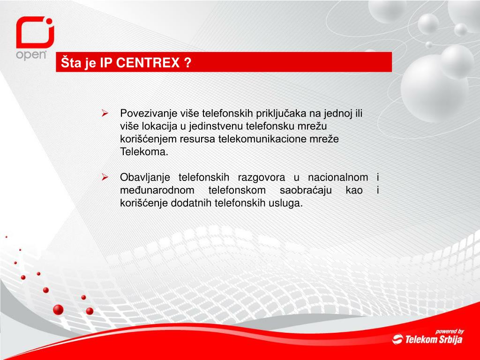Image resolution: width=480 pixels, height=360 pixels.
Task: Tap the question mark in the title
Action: [187, 63]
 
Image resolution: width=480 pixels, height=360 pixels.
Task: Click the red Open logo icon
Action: [35, 33]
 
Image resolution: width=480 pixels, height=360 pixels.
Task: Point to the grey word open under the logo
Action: [31, 54]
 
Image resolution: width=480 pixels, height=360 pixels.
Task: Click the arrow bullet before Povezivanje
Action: [105, 113]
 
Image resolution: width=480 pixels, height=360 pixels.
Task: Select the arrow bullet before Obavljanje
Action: [105, 178]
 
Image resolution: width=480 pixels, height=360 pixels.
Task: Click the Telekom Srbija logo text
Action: [433, 339]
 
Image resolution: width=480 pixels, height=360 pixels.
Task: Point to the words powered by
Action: [449, 330]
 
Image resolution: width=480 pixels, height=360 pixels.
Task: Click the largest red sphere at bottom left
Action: [58, 309]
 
